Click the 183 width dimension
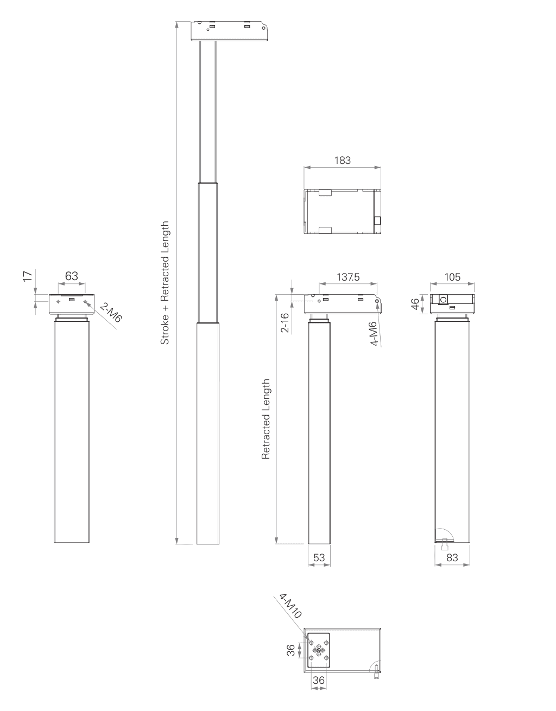[342, 160]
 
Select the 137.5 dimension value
[348, 277]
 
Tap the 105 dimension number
[452, 277]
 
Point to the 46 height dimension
[415, 304]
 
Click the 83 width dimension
[452, 557]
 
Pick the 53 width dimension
[319, 557]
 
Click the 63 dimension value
[71, 276]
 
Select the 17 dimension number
[28, 276]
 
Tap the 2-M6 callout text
[111, 313]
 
